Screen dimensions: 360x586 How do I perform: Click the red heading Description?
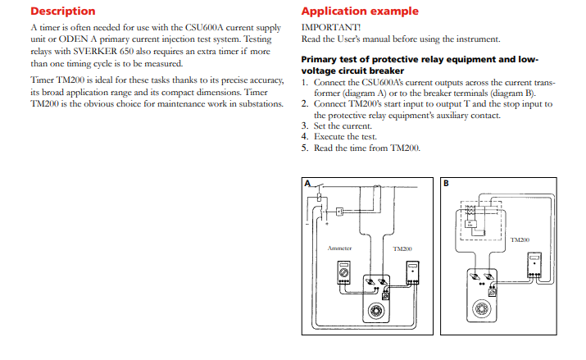point(62,11)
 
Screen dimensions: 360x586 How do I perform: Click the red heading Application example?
point(360,11)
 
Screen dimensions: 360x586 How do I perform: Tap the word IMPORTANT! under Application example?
point(325,27)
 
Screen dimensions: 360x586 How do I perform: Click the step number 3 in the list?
point(305,125)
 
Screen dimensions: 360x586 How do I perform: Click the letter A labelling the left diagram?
point(308,184)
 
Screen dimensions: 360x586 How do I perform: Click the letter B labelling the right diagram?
point(447,182)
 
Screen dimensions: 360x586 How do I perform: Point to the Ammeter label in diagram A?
point(339,248)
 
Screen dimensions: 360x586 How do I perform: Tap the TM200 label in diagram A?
point(402,248)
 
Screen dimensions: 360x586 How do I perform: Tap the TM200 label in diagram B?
point(519,239)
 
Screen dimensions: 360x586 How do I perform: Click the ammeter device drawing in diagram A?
point(345,274)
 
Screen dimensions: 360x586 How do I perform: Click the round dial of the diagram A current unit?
point(379,312)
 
